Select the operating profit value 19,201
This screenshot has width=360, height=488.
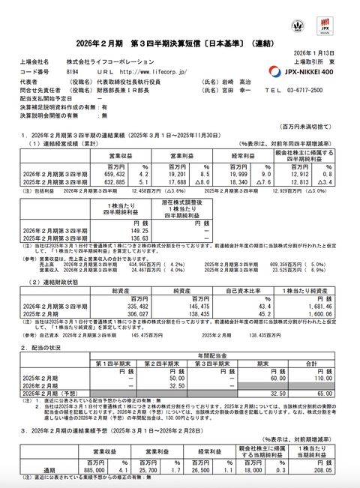click(x=167, y=173)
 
